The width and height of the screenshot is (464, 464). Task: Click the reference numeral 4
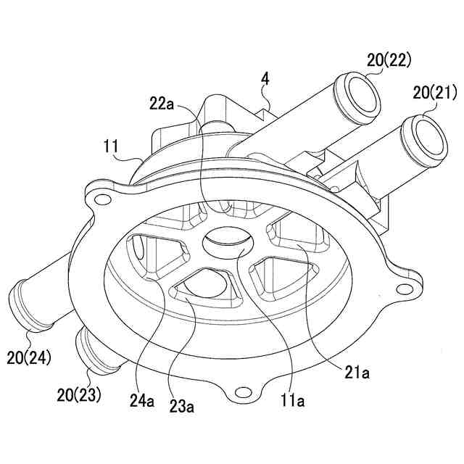[x=266, y=79]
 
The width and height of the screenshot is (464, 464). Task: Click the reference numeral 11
[x=111, y=146]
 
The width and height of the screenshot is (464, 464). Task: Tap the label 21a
[x=357, y=373]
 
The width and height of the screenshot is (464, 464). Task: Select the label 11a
[x=294, y=399]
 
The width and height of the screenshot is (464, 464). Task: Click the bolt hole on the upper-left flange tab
[x=101, y=199]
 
